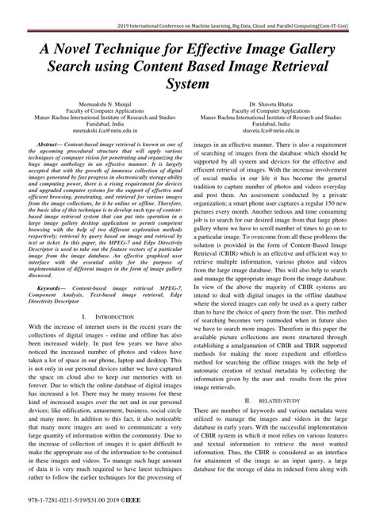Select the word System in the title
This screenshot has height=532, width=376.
(188, 82)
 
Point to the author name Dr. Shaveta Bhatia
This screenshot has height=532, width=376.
(280, 104)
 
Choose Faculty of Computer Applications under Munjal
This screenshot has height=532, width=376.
(96, 111)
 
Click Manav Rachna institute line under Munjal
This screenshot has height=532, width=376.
(96, 118)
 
